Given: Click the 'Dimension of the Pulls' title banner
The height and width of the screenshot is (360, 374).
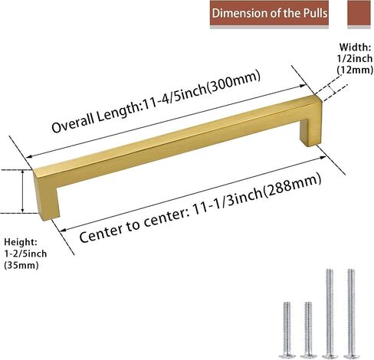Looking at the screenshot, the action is tap(269, 13).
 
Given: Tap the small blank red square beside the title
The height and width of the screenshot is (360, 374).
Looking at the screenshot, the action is tap(359, 13).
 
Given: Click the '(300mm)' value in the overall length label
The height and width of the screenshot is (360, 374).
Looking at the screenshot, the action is tap(234, 82).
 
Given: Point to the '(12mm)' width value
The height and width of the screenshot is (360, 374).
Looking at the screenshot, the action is tap(355, 70).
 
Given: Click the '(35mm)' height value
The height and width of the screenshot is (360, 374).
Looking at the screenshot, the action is tap(21, 265).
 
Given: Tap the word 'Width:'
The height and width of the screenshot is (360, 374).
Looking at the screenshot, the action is tap(355, 47).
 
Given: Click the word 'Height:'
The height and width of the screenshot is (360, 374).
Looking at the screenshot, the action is tap(21, 241).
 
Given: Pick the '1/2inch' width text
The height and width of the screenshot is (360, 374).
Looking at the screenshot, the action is tap(355, 58).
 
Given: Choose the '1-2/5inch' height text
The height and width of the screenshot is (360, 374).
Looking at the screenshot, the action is tap(25, 254).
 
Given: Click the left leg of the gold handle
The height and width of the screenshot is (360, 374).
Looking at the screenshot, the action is tap(46, 195).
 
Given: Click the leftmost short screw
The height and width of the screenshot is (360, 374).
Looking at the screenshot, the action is tap(287, 326).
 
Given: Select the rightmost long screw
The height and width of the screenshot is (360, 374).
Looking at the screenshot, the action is tap(351, 309).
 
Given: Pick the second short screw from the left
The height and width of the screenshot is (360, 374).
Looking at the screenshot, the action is tap(308, 326).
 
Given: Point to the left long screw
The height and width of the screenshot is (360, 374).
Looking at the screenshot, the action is tap(330, 309).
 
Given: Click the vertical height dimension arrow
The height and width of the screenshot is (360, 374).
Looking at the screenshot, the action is tap(23, 191).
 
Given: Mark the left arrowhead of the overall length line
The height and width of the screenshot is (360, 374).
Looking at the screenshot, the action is tap(29, 157).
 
